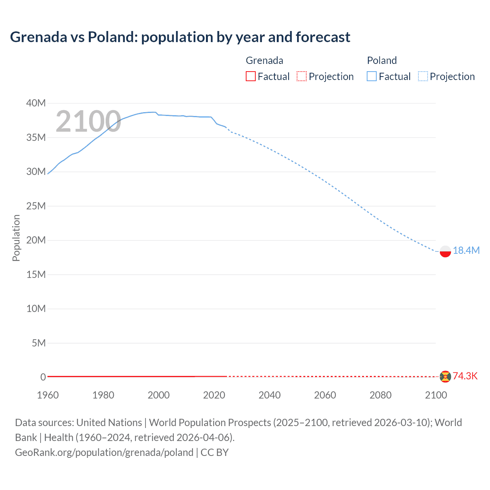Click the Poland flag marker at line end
click(x=445, y=251)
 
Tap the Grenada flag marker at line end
click(x=445, y=377)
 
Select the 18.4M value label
click(x=466, y=250)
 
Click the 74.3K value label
click(x=465, y=376)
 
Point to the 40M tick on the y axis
click(x=36, y=103)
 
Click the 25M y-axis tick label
click(x=36, y=206)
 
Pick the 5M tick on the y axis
click(x=39, y=343)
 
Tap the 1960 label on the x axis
click(x=48, y=395)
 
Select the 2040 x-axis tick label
click(x=269, y=395)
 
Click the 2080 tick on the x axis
click(x=381, y=395)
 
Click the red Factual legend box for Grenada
click(x=251, y=76)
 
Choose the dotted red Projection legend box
click(x=302, y=76)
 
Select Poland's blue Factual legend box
click(x=372, y=76)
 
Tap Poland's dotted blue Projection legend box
click(x=423, y=76)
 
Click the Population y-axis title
click(x=16, y=238)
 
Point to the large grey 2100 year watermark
click(x=88, y=122)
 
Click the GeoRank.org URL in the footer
click(x=104, y=452)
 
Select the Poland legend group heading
click(x=382, y=60)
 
